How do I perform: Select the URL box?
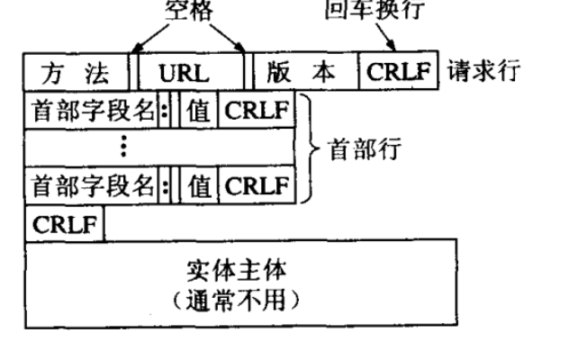(x=190, y=72)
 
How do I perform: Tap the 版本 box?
(x=305, y=72)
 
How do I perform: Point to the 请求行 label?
(x=483, y=72)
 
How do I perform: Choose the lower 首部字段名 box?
(x=90, y=186)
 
